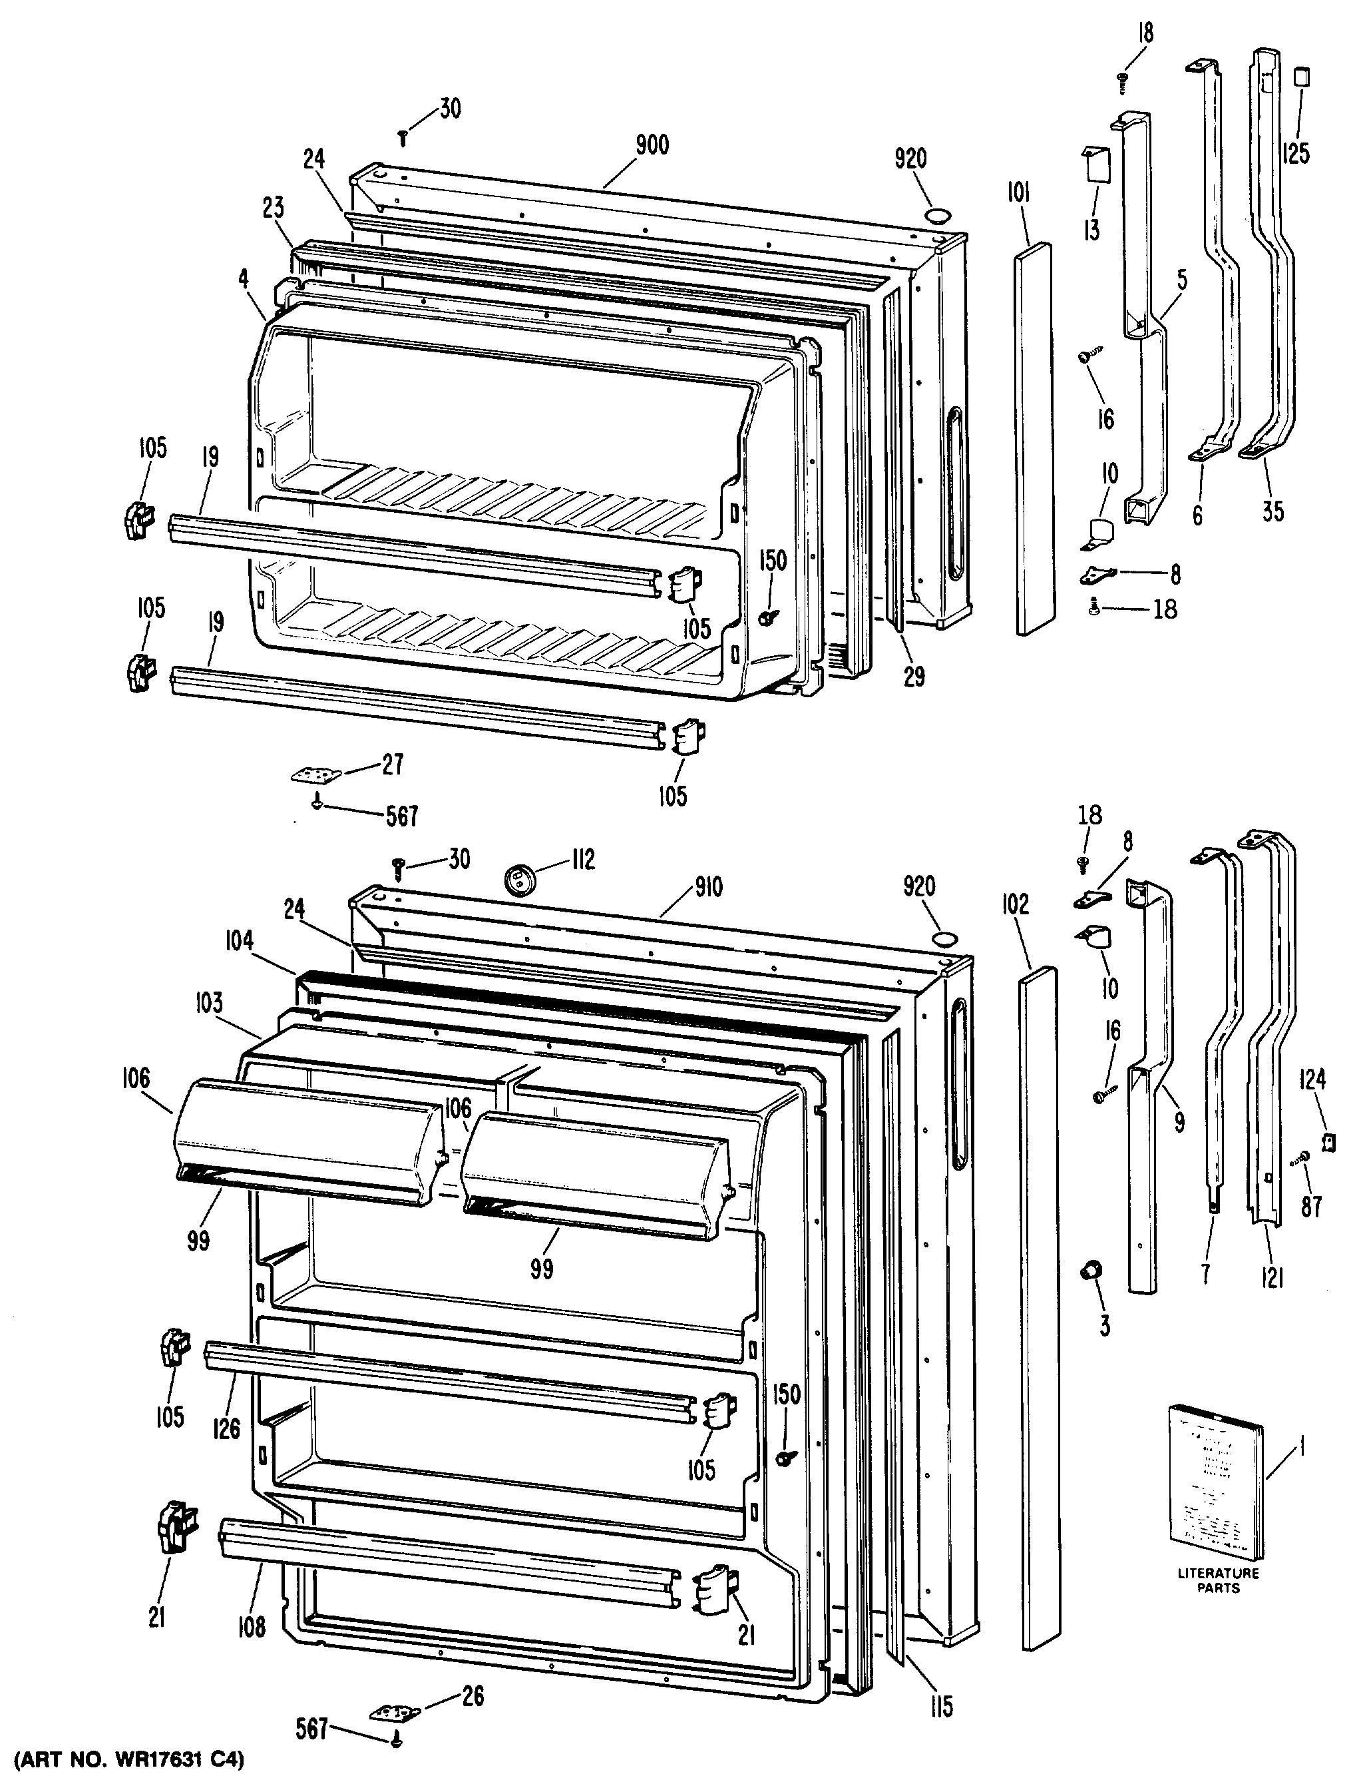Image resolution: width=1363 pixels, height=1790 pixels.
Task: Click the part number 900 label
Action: pyautogui.click(x=652, y=145)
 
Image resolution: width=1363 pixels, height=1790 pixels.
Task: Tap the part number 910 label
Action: pyautogui.click(x=707, y=887)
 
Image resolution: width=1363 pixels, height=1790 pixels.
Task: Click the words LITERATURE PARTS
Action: pyautogui.click(x=1218, y=1580)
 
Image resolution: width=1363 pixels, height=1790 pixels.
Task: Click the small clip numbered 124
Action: pyautogui.click(x=1328, y=1142)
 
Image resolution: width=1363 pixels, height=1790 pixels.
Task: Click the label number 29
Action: pyautogui.click(x=914, y=675)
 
